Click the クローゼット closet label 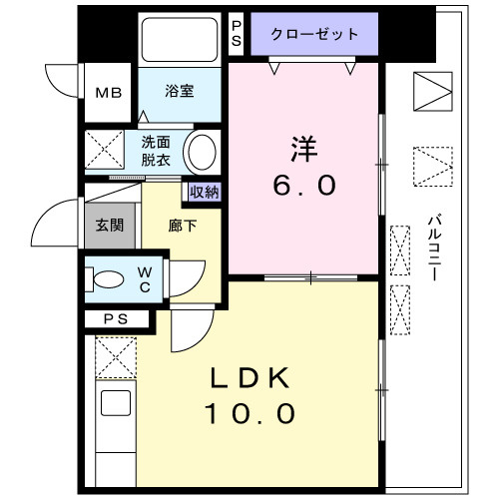pos(314,34)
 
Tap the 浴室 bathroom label pos(181,91)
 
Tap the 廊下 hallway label pos(183,226)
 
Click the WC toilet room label pos(145,278)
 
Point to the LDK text pos(250,378)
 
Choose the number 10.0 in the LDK pos(250,413)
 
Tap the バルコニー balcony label pos(436,249)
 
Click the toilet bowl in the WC pos(106,279)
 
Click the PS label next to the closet pos(237,33)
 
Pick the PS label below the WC pos(115,319)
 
